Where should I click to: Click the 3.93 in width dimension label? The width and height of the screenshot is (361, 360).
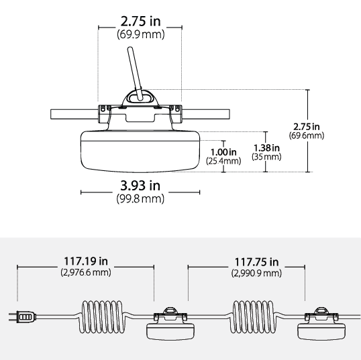(x=140, y=186)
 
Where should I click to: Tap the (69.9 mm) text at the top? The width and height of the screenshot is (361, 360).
(x=141, y=34)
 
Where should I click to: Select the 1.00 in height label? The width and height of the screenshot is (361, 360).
(x=223, y=152)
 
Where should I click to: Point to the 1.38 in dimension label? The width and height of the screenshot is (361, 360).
(x=266, y=148)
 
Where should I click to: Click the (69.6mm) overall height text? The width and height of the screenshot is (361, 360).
(x=307, y=135)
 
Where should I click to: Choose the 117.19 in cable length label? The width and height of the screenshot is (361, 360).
(x=86, y=261)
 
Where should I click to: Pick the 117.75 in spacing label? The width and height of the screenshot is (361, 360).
(x=256, y=262)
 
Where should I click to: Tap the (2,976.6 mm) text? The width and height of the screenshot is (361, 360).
(x=86, y=272)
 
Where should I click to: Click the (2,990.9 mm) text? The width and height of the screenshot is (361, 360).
(x=256, y=274)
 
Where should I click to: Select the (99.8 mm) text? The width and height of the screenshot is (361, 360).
(x=140, y=198)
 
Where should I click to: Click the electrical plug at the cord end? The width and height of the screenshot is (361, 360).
(x=22, y=316)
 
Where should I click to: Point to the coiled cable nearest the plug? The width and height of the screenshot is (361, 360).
(x=102, y=316)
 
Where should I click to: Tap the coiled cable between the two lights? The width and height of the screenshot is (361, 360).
(x=253, y=316)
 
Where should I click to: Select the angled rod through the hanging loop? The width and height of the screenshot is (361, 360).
(x=136, y=74)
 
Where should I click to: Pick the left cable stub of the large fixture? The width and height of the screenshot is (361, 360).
(x=74, y=115)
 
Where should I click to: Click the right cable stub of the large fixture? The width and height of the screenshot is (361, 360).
(x=205, y=115)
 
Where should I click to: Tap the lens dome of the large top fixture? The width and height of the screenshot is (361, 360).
(x=140, y=152)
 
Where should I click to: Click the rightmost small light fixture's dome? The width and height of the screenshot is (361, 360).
(x=321, y=331)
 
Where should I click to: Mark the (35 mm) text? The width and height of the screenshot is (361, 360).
(x=266, y=157)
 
